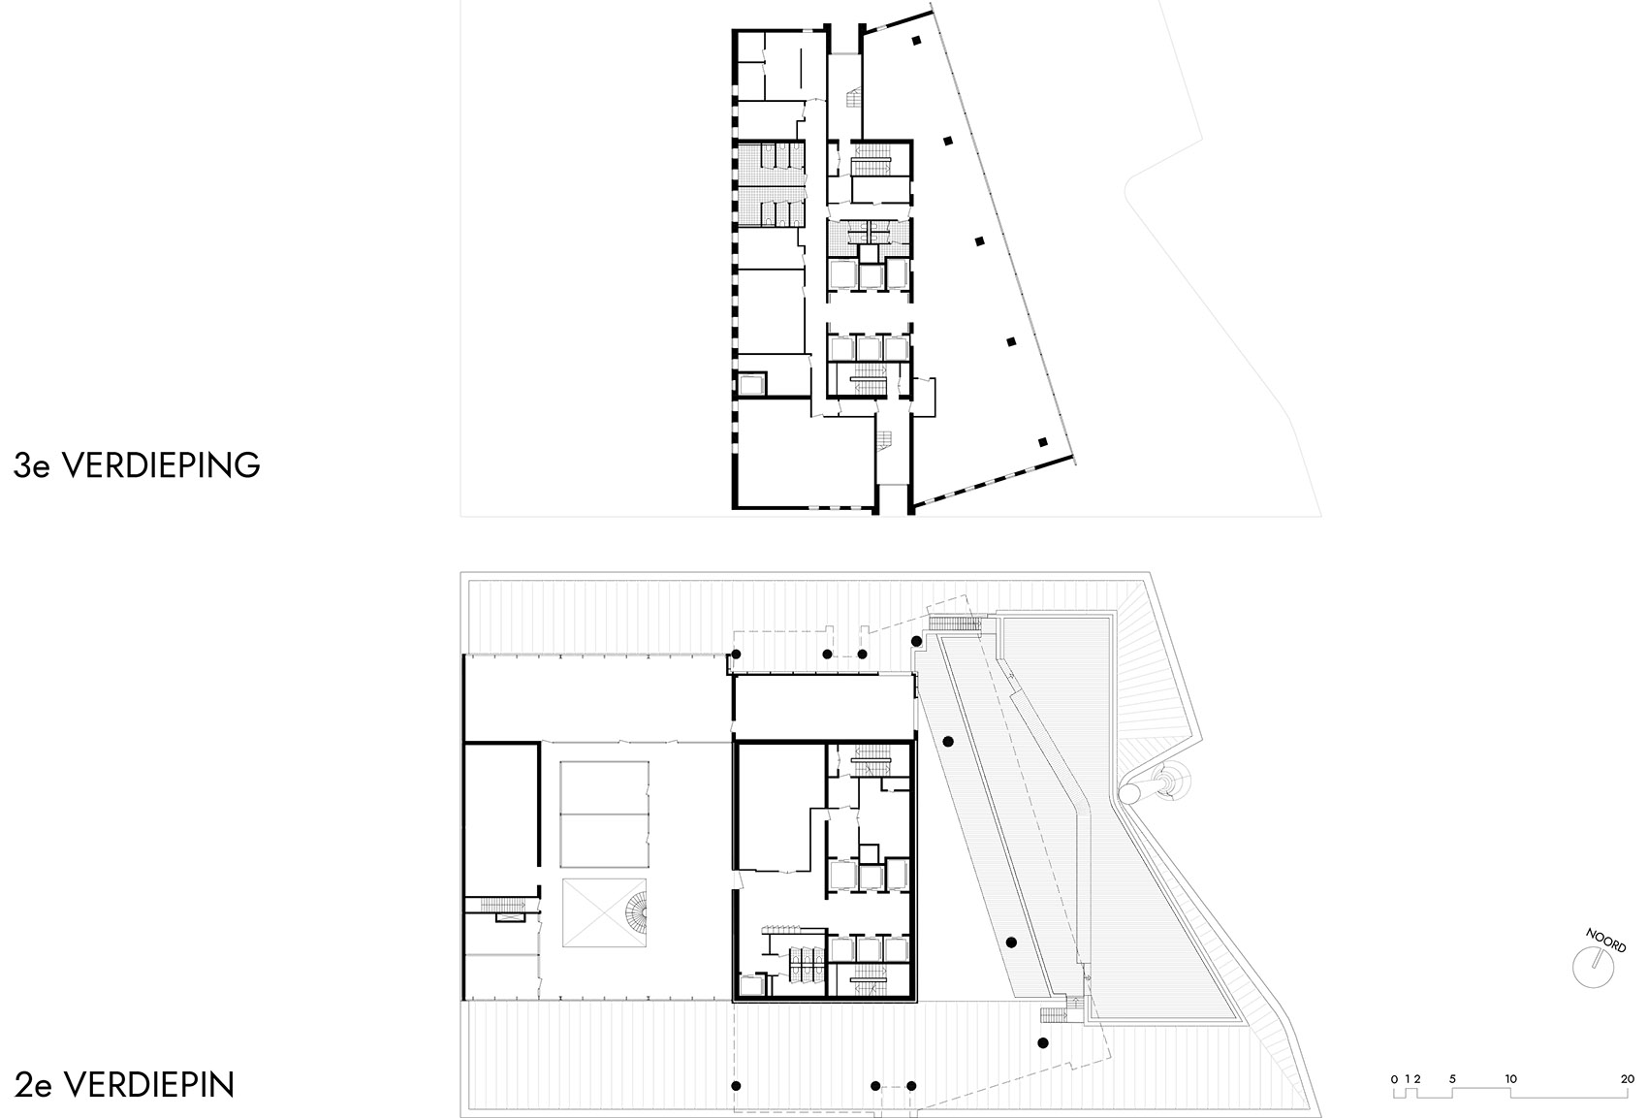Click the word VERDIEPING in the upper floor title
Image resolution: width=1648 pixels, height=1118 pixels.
point(161,465)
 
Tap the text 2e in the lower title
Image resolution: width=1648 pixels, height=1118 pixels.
point(32,1084)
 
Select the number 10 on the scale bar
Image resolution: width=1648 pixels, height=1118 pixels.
point(1510,1078)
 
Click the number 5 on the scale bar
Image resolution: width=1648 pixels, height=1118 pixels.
point(1452,1078)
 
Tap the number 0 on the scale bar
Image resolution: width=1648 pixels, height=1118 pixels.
point(1394,1078)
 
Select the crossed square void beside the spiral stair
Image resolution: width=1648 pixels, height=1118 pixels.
point(593,914)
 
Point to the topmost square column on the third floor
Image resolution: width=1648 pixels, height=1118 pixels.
point(916,41)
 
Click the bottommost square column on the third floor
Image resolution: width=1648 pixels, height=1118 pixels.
point(1043,442)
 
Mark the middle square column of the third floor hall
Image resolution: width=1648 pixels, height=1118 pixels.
point(979,240)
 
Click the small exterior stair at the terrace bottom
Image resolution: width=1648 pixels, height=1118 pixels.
point(1052,1015)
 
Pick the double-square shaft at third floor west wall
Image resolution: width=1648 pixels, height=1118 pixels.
point(752,385)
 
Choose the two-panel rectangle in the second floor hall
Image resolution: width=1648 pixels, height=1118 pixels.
point(604,815)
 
